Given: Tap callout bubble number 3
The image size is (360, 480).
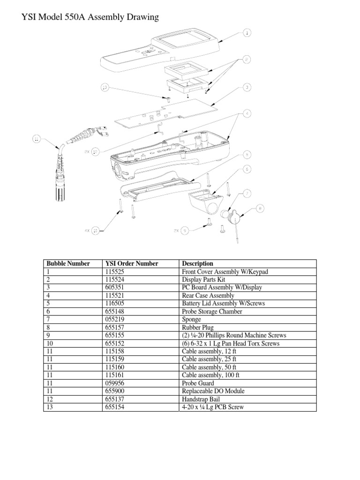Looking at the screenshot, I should [x=247, y=87].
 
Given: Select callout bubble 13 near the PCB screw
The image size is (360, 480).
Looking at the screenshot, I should [x=105, y=87].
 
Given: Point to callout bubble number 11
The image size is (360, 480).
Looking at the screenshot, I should [x=37, y=138].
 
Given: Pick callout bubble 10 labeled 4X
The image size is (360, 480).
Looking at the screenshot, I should [x=95, y=230].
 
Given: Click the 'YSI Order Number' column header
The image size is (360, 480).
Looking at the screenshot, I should [x=132, y=263].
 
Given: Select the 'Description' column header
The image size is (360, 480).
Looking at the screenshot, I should [x=197, y=263].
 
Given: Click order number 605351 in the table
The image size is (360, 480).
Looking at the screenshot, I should [x=114, y=287].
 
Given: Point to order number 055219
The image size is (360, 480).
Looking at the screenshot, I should [x=114, y=319].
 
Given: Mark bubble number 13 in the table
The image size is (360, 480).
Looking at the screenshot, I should [x=49, y=407].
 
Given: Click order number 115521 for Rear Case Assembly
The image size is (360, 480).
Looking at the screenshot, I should [x=114, y=295].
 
